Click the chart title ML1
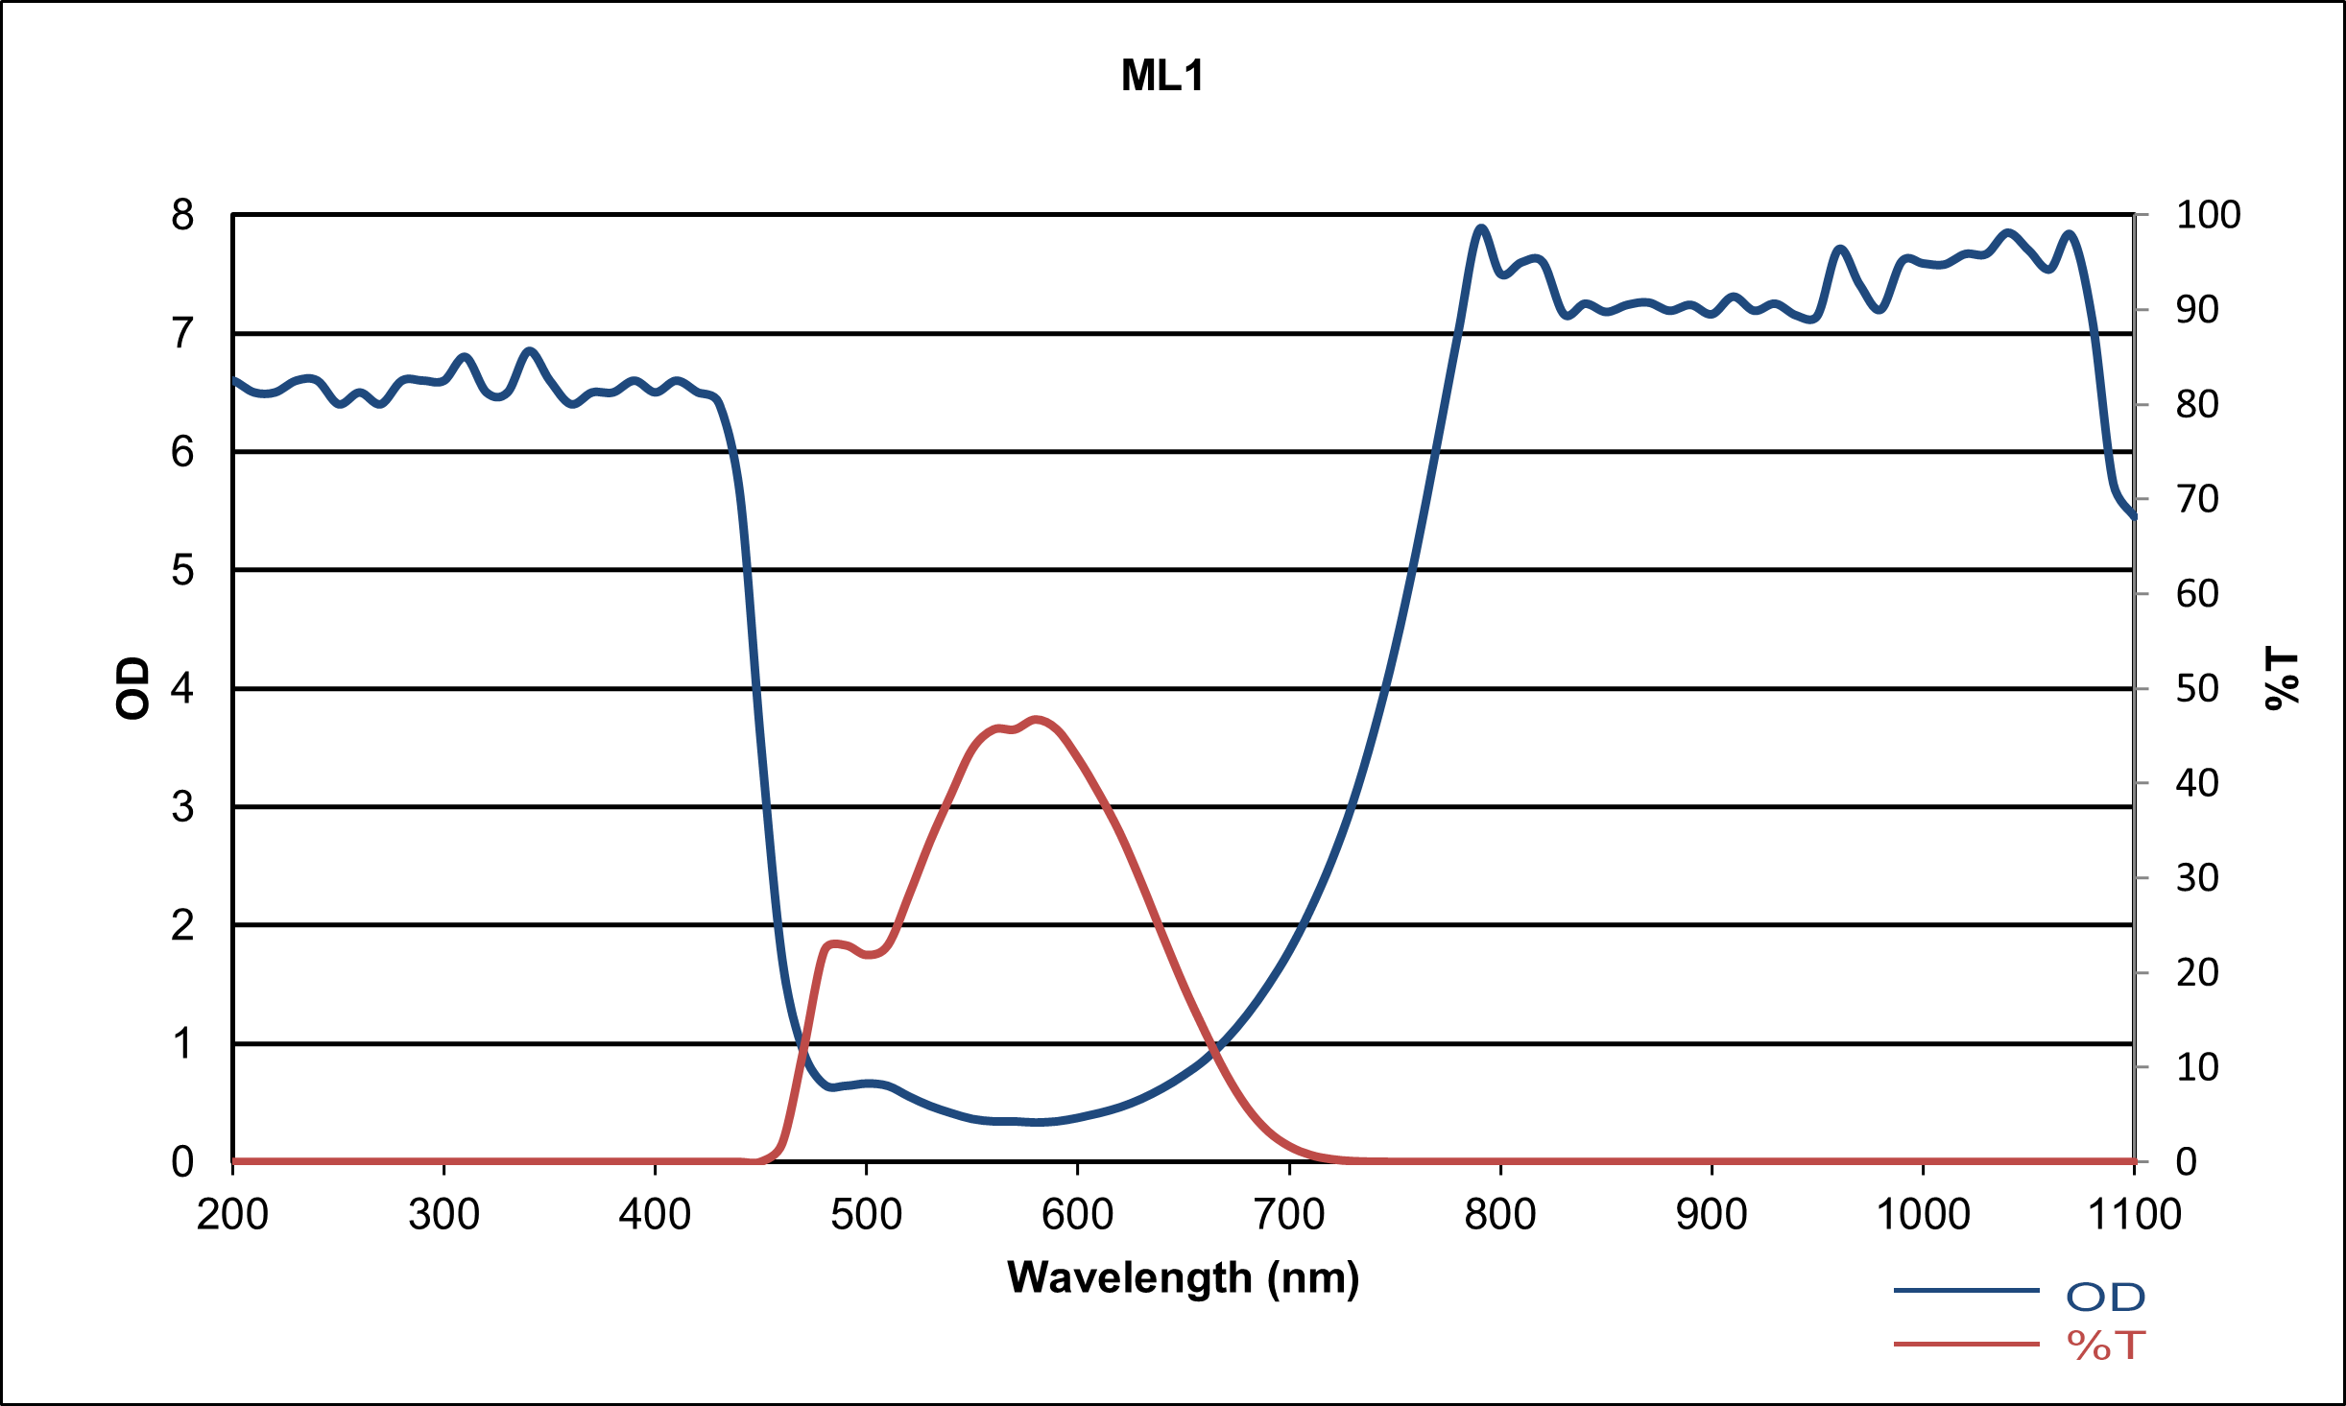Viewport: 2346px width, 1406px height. coord(1162,76)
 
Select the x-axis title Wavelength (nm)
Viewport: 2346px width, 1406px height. coord(1183,1278)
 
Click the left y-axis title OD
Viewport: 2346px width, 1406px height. coord(133,687)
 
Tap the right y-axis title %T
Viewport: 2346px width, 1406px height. coord(2283,679)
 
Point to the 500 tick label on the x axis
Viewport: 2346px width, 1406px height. coord(866,1215)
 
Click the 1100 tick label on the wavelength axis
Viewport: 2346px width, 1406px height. coord(2134,1215)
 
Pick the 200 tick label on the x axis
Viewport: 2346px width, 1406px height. coord(232,1215)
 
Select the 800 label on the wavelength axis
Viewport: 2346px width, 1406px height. coord(1500,1215)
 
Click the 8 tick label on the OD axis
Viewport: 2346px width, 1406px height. coord(182,215)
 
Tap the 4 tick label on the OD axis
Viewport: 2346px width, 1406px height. coord(182,688)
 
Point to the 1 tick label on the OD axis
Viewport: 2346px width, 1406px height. coord(182,1043)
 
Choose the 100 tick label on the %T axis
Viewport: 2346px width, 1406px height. coord(2208,215)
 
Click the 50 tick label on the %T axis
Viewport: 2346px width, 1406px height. coord(2197,688)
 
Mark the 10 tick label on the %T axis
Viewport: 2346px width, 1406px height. coord(2197,1067)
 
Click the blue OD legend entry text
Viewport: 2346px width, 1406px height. coord(2105,1298)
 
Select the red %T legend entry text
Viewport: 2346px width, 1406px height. coord(2105,1346)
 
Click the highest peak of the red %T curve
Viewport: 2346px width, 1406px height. coord(1036,719)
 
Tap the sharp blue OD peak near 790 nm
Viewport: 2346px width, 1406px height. coord(1481,228)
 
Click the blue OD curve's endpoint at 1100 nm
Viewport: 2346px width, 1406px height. coord(2133,516)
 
